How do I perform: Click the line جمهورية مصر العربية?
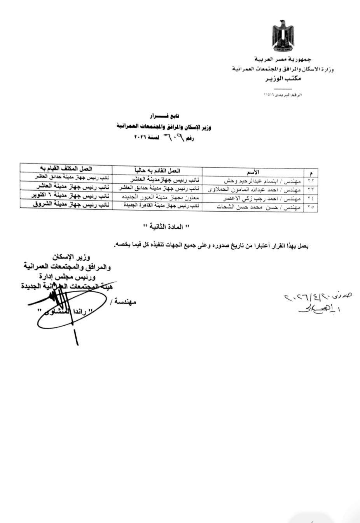click(283, 59)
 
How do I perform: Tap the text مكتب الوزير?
click(283, 79)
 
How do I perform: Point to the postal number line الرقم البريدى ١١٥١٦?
click(283, 95)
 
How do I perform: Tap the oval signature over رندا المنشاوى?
click(72, 309)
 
